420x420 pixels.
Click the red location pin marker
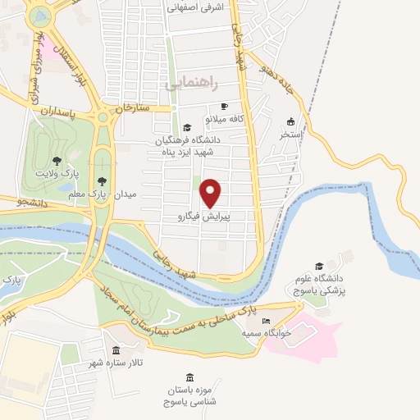pyautogui.click(x=212, y=192)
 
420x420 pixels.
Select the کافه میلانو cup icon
pyautogui.click(x=225, y=107)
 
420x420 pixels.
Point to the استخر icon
pyautogui.click(x=291, y=120)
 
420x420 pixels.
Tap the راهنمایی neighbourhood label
pyautogui.click(x=191, y=84)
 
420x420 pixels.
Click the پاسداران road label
pyautogui.click(x=57, y=113)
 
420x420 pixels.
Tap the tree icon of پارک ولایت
pyautogui.click(x=56, y=161)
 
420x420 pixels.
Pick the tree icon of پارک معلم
pyautogui.click(x=102, y=181)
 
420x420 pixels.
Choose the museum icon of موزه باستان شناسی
pyautogui.click(x=190, y=377)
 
